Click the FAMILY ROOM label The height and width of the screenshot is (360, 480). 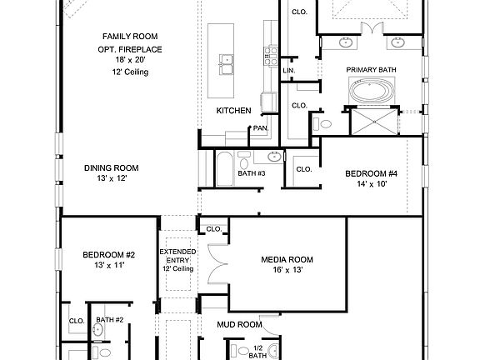[131, 37]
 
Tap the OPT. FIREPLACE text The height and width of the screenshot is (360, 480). [130, 50]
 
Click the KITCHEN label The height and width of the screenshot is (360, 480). [233, 111]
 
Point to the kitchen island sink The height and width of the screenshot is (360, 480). [226, 59]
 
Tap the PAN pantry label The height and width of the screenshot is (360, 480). [260, 128]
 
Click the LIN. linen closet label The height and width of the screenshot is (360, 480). [288, 71]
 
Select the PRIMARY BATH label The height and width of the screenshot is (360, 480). [371, 70]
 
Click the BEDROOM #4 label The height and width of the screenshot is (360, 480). [372, 174]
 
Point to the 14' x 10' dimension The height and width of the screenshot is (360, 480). [372, 186]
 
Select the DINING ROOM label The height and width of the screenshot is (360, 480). [111, 167]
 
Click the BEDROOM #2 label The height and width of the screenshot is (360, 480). [108, 254]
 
